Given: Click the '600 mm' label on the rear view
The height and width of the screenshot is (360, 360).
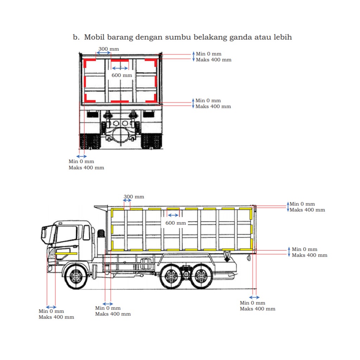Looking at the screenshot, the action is pyautogui.click(x=122, y=75).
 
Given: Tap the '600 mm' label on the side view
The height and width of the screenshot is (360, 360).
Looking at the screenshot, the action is pyautogui.click(x=176, y=223).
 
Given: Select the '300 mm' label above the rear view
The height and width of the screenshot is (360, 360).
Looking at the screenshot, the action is pyautogui.click(x=109, y=49).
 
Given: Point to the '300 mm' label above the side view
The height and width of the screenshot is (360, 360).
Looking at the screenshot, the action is pyautogui.click(x=134, y=197).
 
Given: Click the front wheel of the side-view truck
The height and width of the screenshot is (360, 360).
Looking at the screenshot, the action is pyautogui.click(x=76, y=276).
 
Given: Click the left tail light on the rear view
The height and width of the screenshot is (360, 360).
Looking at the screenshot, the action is pyautogui.click(x=92, y=114).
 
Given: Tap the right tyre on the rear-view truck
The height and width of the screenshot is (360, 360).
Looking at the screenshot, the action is pyautogui.click(x=152, y=141).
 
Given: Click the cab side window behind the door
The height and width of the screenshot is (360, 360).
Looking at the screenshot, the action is pyautogui.click(x=86, y=233).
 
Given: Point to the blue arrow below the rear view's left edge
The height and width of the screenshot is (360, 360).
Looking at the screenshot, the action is pyautogui.click(x=82, y=156).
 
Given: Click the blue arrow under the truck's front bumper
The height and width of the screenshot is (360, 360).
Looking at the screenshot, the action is pyautogui.click(x=51, y=307).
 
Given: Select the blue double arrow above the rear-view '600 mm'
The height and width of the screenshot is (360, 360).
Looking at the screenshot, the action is pyautogui.click(x=120, y=68).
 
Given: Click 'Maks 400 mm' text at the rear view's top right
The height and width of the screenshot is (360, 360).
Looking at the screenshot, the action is pyautogui.click(x=213, y=60).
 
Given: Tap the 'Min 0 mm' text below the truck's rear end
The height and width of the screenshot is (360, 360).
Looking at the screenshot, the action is pyautogui.click(x=252, y=303).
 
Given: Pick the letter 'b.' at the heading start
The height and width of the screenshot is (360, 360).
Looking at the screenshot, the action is pyautogui.click(x=76, y=37).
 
